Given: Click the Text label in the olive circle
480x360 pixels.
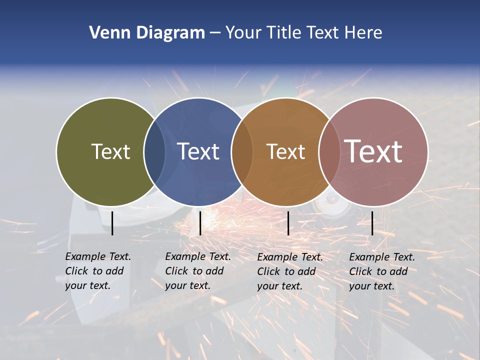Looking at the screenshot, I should [110, 151].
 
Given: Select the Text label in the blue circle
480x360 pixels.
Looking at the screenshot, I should [198, 151].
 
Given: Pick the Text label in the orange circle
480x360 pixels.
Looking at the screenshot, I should [285, 151].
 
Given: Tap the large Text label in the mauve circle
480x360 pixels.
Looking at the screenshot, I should [373, 151].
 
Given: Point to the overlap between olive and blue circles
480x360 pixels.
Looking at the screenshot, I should [154, 151].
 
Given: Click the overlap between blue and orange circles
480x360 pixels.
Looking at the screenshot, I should [241, 151].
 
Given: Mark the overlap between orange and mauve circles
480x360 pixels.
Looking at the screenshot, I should [329, 151].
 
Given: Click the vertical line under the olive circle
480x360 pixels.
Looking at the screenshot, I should [112, 223].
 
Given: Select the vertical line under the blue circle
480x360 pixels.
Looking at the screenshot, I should [200, 223].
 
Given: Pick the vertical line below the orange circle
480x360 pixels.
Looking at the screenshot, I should [288, 223].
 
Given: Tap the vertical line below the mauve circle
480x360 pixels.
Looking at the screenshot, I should [372, 223].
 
